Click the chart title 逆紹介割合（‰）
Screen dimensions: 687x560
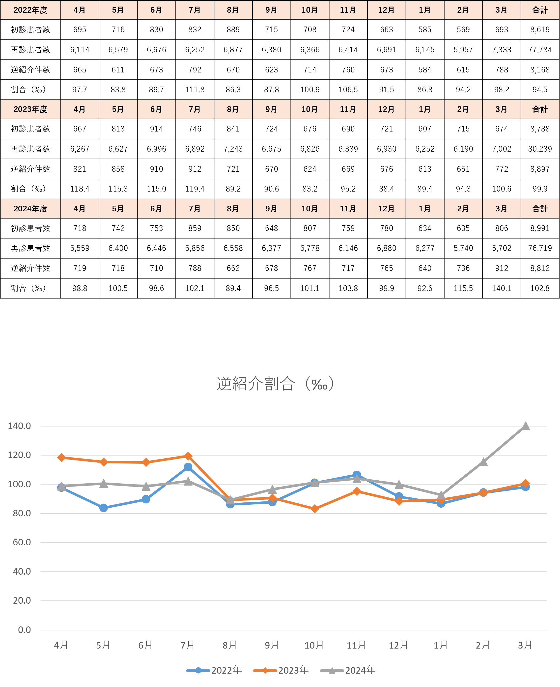tap(275, 384)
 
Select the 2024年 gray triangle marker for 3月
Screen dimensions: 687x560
tap(525, 426)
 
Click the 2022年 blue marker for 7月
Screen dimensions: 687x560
tap(188, 467)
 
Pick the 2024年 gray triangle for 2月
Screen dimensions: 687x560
tap(483, 462)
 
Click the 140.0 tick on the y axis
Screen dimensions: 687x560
tap(19, 426)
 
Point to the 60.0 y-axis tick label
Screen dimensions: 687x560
tap(22, 542)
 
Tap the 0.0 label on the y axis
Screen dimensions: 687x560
tap(25, 630)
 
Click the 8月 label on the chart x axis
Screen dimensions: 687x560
tap(230, 645)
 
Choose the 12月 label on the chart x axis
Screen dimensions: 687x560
tap(398, 645)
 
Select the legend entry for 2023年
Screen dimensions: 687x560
tap(281, 670)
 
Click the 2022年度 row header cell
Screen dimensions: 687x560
tap(30, 10)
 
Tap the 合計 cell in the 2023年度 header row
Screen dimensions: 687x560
tap(540, 109)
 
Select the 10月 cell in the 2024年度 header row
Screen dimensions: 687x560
tap(310, 209)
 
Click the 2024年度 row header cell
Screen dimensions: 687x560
tap(30, 209)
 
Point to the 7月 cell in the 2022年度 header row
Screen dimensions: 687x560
tap(195, 10)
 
